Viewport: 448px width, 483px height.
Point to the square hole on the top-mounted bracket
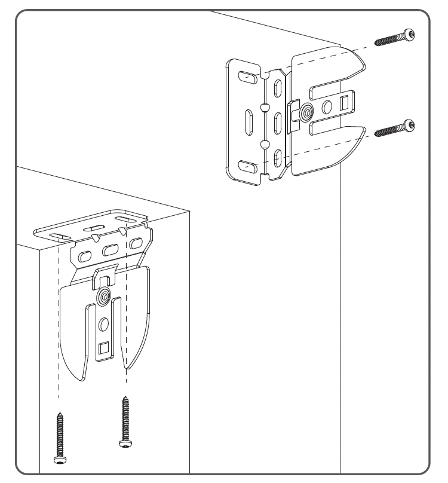[104, 347]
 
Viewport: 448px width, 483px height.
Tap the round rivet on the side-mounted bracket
[306, 111]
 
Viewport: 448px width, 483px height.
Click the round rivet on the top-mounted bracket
[105, 295]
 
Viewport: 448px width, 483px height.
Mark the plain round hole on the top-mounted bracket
[104, 323]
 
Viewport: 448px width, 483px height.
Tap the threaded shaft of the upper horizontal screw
[388, 39]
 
